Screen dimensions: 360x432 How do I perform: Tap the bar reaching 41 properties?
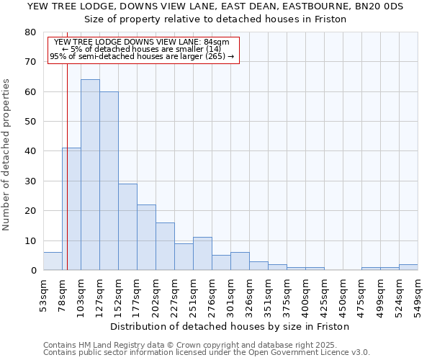pyautogui.click(x=71, y=209)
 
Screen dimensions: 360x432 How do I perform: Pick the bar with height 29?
pyautogui.click(x=127, y=227)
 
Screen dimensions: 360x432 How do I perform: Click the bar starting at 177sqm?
pyautogui.click(x=146, y=238)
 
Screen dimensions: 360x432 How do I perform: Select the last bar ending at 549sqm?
pyautogui.click(x=408, y=267)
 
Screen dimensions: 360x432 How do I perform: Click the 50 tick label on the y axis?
pyautogui.click(x=30, y=122)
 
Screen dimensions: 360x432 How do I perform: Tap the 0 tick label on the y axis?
pyautogui.click(x=33, y=271)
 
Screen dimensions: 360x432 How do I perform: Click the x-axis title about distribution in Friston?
pyautogui.click(x=230, y=326)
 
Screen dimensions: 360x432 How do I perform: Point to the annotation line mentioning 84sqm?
pyautogui.click(x=142, y=42)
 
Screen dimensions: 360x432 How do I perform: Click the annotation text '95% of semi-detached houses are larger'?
pyautogui.click(x=142, y=56)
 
